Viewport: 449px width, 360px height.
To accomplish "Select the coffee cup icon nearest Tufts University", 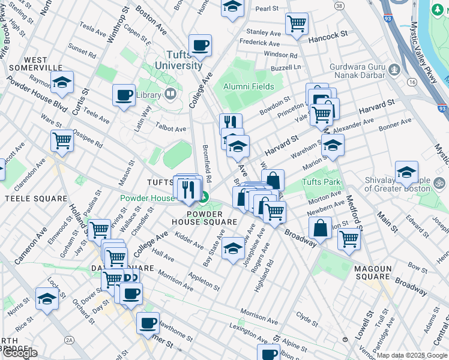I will click(200, 44).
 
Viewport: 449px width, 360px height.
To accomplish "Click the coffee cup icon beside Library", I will click(124, 94).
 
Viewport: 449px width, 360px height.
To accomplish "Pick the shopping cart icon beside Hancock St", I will click(297, 24).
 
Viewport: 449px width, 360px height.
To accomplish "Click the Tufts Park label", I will click(321, 182).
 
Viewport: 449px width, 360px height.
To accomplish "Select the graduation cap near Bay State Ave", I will click(233, 249).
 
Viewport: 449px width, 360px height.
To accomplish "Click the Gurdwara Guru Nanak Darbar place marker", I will click(394, 69).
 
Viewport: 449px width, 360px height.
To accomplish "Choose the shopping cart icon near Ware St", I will click(62, 140).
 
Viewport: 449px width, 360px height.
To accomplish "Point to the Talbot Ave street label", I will click(171, 128).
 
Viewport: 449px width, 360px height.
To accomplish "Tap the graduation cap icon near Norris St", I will click(47, 298).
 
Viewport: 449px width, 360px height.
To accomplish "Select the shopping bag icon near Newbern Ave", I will click(321, 227).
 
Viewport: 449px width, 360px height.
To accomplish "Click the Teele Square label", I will click(28, 198).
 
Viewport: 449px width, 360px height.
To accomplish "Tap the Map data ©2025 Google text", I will click(412, 355).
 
